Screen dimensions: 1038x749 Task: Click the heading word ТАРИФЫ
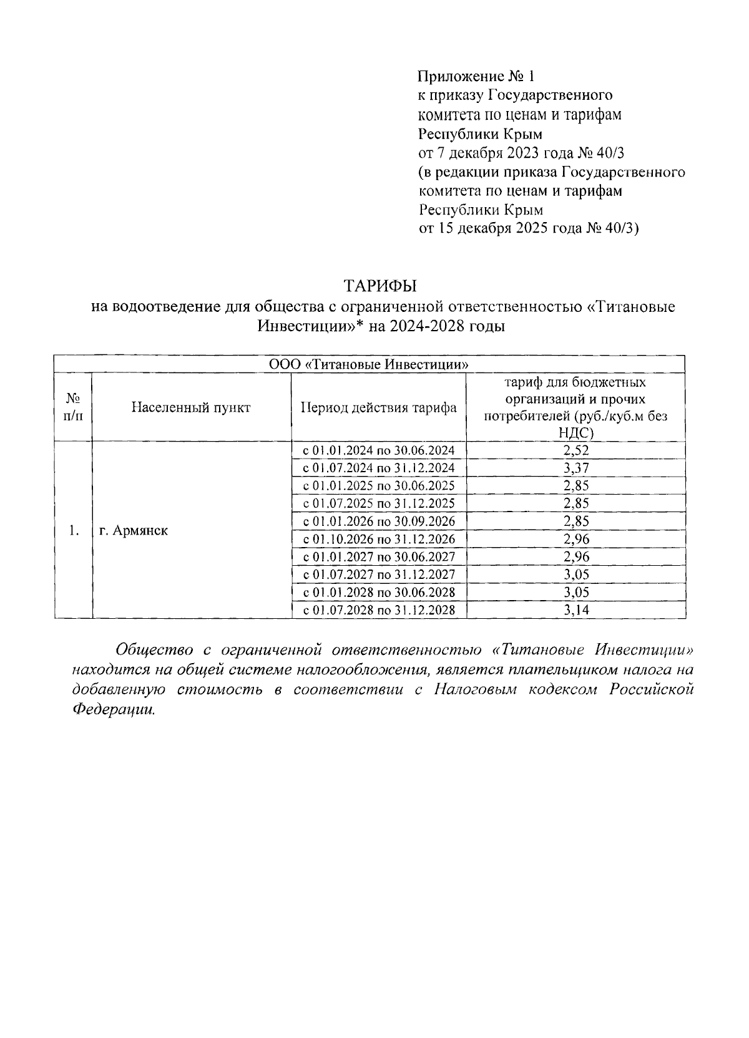point(380,286)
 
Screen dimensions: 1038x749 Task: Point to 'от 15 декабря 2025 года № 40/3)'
point(528,228)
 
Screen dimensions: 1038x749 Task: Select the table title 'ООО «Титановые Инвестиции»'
point(369,364)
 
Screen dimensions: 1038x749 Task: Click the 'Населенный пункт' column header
point(191,407)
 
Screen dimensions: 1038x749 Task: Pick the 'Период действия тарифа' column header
point(378,408)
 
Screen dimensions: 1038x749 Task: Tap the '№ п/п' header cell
point(73,407)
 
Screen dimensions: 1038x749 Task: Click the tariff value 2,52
point(575,450)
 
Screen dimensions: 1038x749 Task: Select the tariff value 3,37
point(575,468)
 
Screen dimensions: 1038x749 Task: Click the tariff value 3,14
point(575,609)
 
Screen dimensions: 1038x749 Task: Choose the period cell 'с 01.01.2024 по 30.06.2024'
point(379,450)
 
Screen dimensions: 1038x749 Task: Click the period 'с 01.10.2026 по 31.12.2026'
point(379,539)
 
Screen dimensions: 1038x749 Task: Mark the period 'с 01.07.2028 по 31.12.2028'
point(379,609)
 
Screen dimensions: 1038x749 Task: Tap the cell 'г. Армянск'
point(134,531)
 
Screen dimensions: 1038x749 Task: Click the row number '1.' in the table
point(74,531)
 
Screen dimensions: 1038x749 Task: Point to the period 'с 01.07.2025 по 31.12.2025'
point(379,503)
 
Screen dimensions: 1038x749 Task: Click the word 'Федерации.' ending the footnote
point(113,710)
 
